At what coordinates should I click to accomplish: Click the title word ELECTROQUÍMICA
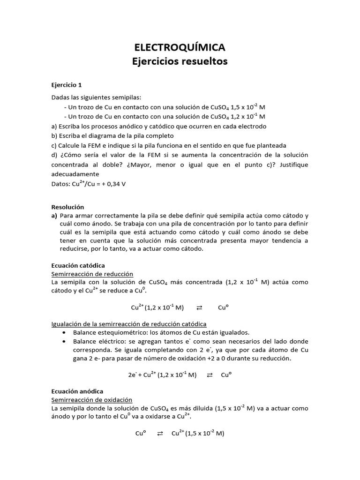pyautogui.click(x=180, y=47)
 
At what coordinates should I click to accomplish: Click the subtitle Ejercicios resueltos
pyautogui.click(x=180, y=62)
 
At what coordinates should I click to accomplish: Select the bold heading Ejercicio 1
pyautogui.click(x=66, y=85)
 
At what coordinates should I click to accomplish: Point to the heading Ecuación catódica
pyautogui.click(x=78, y=265)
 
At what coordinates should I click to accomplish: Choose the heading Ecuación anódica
pyautogui.click(x=77, y=391)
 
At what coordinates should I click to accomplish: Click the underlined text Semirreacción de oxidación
pyautogui.click(x=91, y=399)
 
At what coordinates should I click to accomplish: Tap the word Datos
pyautogui.click(x=60, y=184)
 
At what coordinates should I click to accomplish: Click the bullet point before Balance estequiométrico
pyautogui.click(x=63, y=332)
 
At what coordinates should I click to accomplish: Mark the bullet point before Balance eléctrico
pyautogui.click(x=63, y=341)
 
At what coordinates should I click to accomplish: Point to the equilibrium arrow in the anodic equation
pyautogui.click(x=160, y=434)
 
